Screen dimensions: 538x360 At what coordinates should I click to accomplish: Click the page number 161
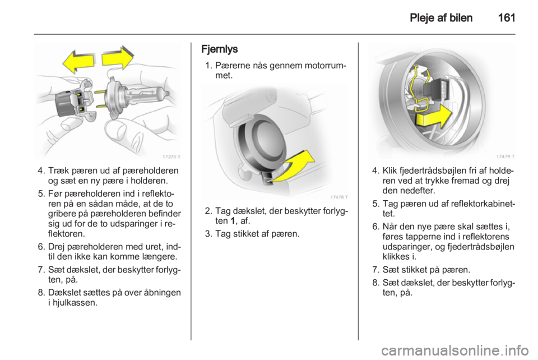(x=506, y=17)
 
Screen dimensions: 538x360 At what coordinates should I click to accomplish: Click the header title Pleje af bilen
(x=441, y=18)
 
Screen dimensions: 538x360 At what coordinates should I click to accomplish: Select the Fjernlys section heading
(x=219, y=49)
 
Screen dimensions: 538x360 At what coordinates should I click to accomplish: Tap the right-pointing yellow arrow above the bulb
(x=117, y=57)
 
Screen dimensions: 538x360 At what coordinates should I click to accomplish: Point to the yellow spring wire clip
(x=417, y=89)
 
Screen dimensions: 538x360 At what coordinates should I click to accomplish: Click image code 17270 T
(x=171, y=157)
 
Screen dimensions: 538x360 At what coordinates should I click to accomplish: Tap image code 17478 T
(x=339, y=197)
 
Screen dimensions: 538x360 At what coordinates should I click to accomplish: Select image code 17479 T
(x=505, y=156)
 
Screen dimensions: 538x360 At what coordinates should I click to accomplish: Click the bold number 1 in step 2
(x=233, y=221)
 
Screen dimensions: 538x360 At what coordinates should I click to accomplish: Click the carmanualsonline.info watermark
(x=455, y=350)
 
